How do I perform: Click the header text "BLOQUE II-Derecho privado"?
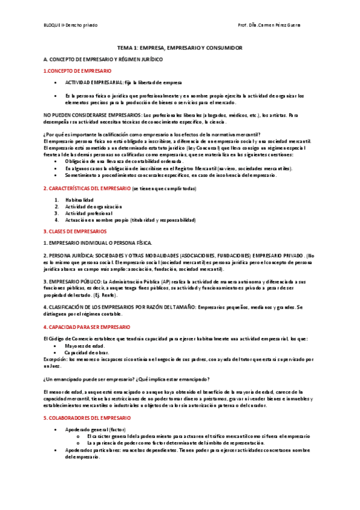(x=71, y=25)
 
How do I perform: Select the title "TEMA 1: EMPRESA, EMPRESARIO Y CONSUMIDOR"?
(x=179, y=47)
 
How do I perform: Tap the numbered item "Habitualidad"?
(x=79, y=200)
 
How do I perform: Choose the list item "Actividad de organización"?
(x=94, y=206)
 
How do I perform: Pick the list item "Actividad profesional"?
(x=89, y=213)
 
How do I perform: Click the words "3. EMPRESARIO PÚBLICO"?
(x=72, y=281)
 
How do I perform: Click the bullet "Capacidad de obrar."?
(x=88, y=352)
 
